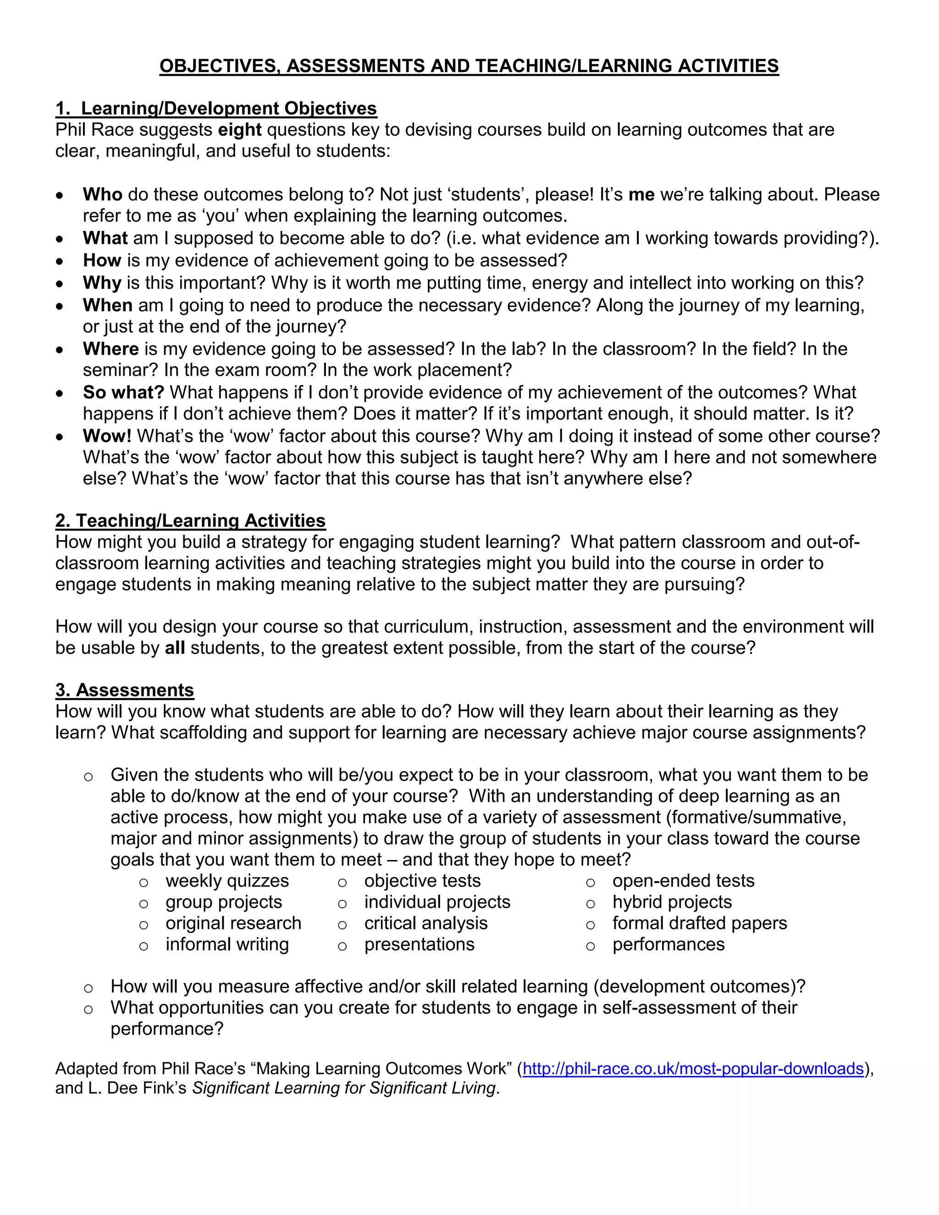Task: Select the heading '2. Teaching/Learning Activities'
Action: (190, 520)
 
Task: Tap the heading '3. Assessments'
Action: (125, 690)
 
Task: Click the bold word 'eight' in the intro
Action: (240, 130)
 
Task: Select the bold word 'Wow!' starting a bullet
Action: (107, 436)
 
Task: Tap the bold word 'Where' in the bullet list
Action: (110, 349)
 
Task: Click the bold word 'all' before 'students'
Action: (175, 648)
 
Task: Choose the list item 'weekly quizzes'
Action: (227, 881)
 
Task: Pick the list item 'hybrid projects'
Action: (672, 902)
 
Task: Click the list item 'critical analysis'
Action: (425, 923)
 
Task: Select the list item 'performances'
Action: (668, 944)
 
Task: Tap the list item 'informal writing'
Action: (227, 944)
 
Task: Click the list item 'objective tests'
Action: (422, 881)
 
